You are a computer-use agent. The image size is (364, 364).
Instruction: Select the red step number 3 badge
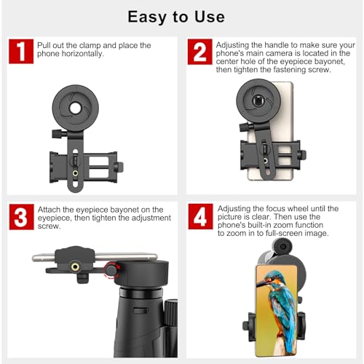pyautogui.click(x=22, y=217)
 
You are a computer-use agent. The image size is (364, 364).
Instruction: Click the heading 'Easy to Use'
pyautogui.click(x=176, y=16)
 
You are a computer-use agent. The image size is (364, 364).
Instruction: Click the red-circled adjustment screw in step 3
pyautogui.click(x=111, y=270)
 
